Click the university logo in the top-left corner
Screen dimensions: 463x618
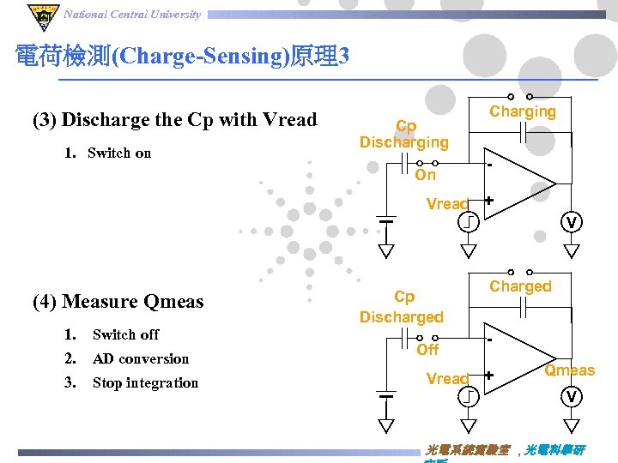pyautogui.click(x=40, y=15)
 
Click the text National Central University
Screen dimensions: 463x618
pyautogui.click(x=132, y=14)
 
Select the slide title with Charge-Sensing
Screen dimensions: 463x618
pyautogui.click(x=182, y=57)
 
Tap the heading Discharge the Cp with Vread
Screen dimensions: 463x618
pyautogui.click(x=175, y=120)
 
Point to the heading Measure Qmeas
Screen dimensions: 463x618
pyautogui.click(x=118, y=302)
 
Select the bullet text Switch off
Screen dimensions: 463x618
pyautogui.click(x=125, y=334)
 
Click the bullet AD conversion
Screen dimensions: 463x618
pyautogui.click(x=140, y=358)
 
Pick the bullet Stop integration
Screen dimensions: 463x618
pyautogui.click(x=145, y=383)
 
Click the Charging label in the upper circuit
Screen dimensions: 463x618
pyautogui.click(x=522, y=111)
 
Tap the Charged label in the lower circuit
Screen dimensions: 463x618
pyautogui.click(x=520, y=286)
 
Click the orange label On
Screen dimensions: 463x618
pyautogui.click(x=426, y=175)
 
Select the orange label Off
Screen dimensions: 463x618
pyautogui.click(x=427, y=350)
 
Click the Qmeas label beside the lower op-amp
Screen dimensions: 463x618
pyautogui.click(x=569, y=370)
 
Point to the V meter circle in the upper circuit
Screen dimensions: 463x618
pyautogui.click(x=571, y=222)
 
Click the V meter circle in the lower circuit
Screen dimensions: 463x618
pyautogui.click(x=571, y=396)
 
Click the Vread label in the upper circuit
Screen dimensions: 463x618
pyautogui.click(x=447, y=204)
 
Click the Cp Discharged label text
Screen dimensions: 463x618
pyautogui.click(x=402, y=307)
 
